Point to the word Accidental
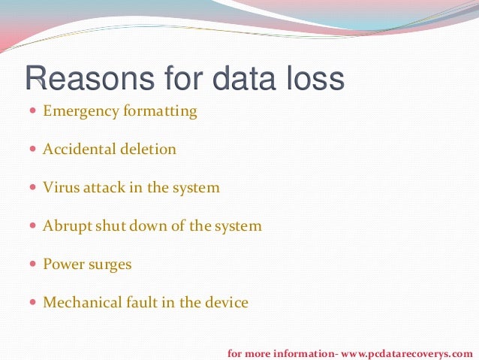tap(77, 150)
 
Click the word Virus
tap(59, 188)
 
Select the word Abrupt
tap(65, 226)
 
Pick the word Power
tap(63, 265)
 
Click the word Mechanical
tap(79, 304)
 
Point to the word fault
tap(140, 304)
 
